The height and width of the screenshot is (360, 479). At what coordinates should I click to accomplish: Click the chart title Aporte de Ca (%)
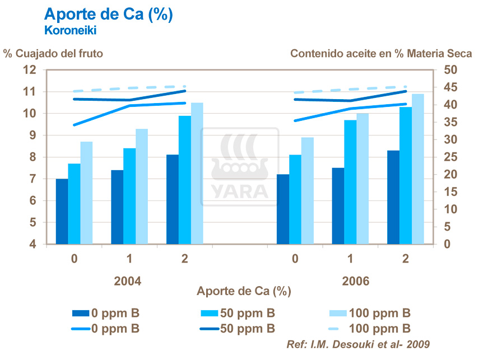coord(108,15)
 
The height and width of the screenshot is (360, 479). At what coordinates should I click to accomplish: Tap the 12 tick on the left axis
coord(29,69)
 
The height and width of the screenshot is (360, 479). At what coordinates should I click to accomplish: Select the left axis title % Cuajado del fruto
coord(53,54)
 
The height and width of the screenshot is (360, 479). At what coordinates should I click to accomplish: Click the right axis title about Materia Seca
coord(381,54)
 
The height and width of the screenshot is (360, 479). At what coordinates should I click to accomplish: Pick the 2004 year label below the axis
coord(129,281)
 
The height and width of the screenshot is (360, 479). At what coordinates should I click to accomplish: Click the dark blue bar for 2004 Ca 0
coord(62,212)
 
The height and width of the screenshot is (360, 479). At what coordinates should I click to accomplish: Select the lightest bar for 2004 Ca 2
coord(197,174)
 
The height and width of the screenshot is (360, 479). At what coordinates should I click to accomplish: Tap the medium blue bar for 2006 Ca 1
coord(350,182)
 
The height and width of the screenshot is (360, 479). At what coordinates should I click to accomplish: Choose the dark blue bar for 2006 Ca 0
coord(283,209)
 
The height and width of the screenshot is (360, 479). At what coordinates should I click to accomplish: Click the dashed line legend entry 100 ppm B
coord(370,328)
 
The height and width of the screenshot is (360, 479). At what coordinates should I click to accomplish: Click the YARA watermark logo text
coord(240,191)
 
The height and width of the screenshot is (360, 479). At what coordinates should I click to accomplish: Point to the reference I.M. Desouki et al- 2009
coord(359,343)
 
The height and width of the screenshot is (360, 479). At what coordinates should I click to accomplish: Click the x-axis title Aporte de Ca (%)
coord(244,292)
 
